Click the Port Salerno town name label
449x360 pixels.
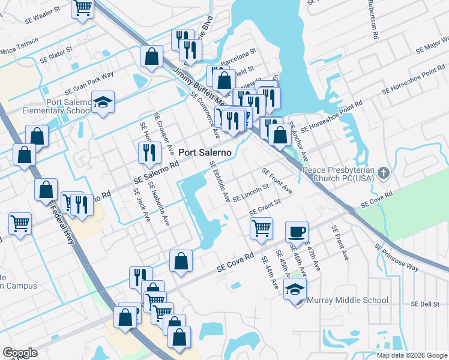coord(204,152)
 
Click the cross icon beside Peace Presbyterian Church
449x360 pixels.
coord(385,175)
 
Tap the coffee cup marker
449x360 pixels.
coord(297,231)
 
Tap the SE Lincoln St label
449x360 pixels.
coord(250,193)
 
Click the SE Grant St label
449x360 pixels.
coord(265,208)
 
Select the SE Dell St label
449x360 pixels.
coord(426,304)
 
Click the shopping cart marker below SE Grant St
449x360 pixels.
coord(261,228)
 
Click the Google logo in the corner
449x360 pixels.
coord(20,353)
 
